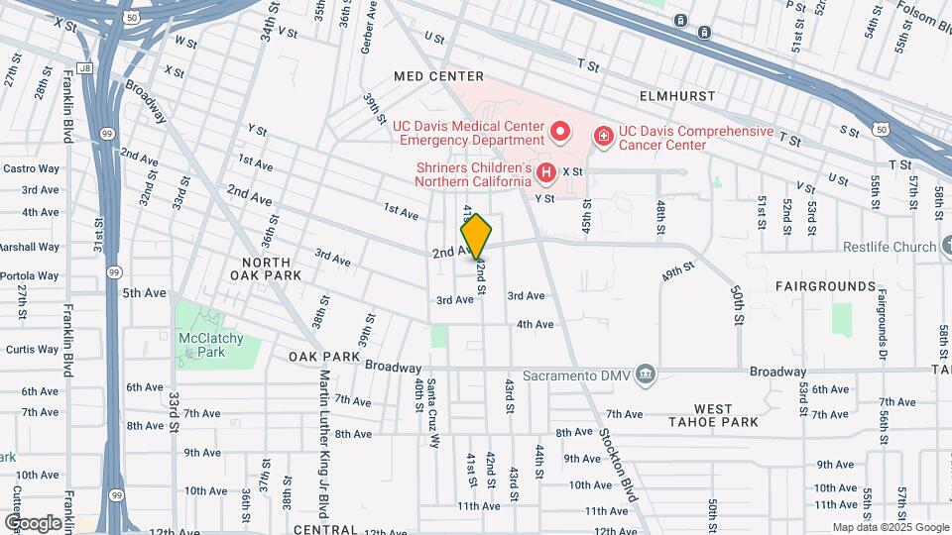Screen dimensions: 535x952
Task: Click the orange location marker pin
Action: pos(476,236)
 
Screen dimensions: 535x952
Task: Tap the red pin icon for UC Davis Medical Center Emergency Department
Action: pos(560,132)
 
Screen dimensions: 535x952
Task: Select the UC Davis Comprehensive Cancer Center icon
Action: pos(602,135)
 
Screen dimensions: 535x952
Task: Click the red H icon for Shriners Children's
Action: pos(545,174)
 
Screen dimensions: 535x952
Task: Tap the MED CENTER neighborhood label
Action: pos(438,76)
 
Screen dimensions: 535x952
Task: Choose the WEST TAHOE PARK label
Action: pos(726,415)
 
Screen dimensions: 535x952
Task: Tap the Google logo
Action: pos(34,522)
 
